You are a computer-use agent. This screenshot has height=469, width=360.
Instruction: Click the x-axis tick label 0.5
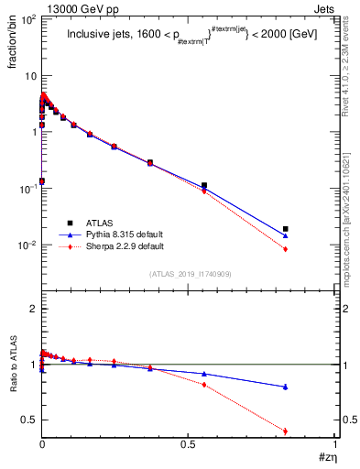(x=189, y=444)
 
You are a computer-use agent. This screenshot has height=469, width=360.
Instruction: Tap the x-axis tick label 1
(x=335, y=444)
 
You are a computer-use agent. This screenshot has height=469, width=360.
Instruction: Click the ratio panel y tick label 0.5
(x=29, y=420)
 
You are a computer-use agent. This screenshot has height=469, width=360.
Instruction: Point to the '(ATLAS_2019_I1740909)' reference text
(x=190, y=274)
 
